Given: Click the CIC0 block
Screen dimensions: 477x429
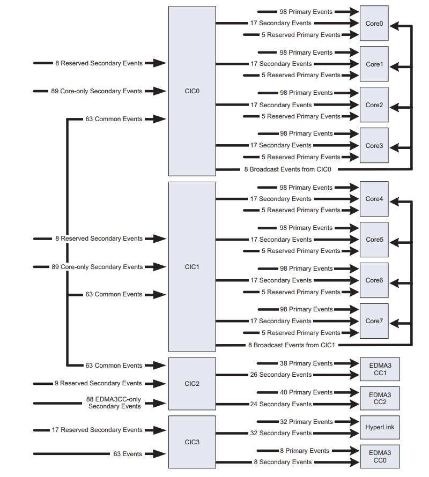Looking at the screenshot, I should [x=192, y=91].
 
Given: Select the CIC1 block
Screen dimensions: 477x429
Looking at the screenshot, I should [x=192, y=266].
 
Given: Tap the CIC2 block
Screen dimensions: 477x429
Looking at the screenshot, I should [x=192, y=384].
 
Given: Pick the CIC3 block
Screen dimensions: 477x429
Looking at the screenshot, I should [x=192, y=442].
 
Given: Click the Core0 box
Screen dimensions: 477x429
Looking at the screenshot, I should [x=374, y=24].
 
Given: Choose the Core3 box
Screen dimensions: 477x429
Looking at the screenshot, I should [x=374, y=146].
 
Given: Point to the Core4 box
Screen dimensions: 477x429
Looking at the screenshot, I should [x=374, y=199].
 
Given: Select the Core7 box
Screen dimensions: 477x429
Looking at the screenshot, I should [x=374, y=321].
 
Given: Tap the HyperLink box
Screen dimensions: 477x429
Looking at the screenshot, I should [x=380, y=427].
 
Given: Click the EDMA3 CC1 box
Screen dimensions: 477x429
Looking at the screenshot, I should [x=380, y=369].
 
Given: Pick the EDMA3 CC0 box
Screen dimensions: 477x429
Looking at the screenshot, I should [x=380, y=456].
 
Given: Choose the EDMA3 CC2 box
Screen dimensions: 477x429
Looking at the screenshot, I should [x=380, y=398].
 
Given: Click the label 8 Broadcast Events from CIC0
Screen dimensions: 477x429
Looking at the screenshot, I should [x=288, y=169].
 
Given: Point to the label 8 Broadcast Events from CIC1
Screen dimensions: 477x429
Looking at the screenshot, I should [x=291, y=345].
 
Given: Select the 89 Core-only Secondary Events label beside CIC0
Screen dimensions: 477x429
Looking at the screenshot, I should [x=97, y=91].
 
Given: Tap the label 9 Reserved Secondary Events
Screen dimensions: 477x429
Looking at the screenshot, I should [x=98, y=383].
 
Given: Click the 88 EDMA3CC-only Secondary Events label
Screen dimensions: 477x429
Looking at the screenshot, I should [x=114, y=403].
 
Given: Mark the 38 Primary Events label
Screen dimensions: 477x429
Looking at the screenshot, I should [x=306, y=363].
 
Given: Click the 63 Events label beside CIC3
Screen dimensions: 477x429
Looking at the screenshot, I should [x=128, y=454].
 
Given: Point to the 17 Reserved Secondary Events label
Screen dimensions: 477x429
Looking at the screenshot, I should [x=97, y=430].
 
